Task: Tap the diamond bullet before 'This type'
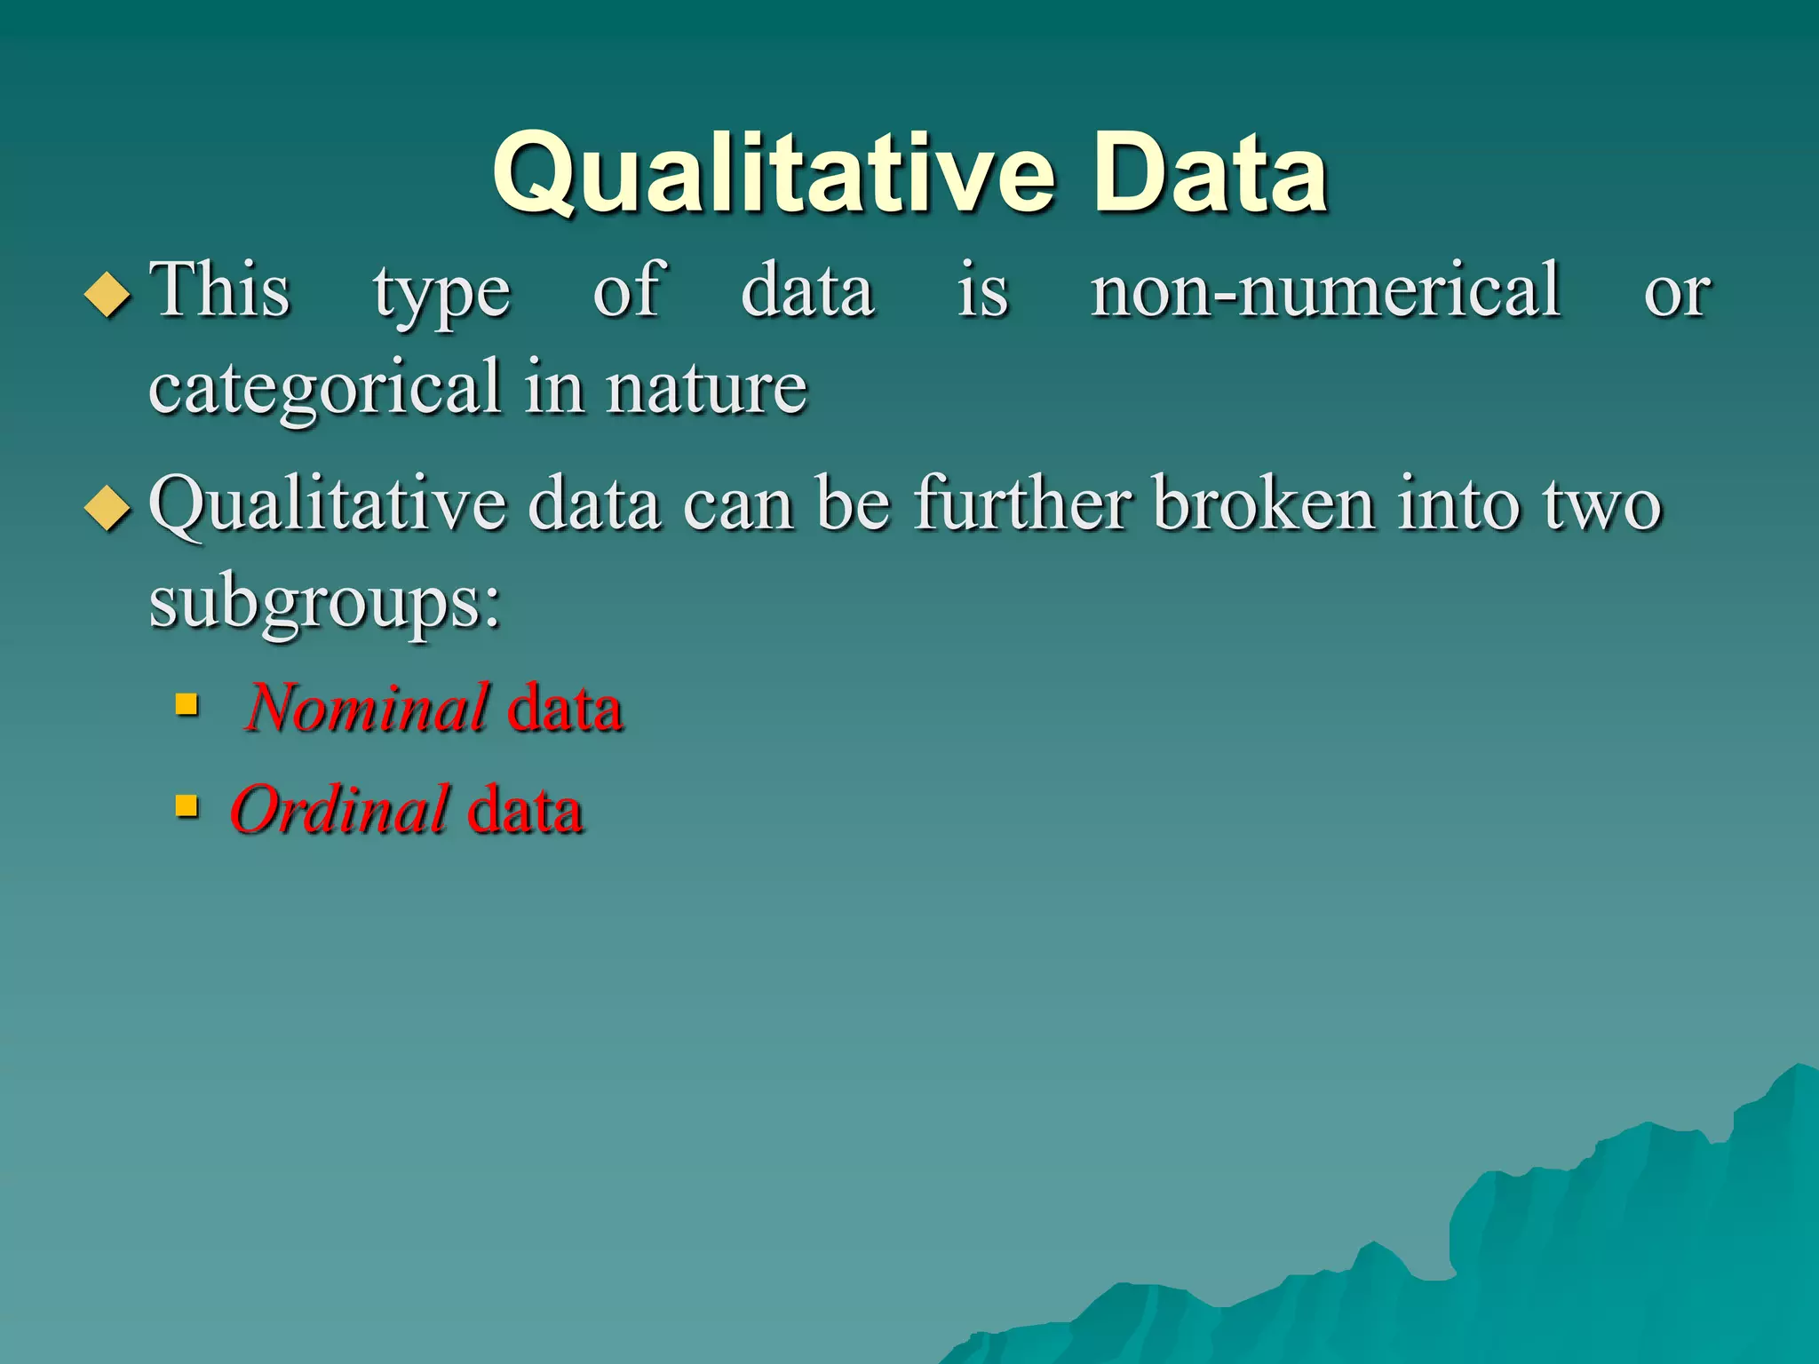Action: (x=107, y=294)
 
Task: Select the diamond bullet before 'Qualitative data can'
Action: (x=107, y=508)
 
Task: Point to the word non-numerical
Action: (x=1325, y=290)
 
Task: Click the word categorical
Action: (x=325, y=388)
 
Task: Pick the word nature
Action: (x=706, y=388)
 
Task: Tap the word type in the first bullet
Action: (x=441, y=294)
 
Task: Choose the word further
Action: (x=1022, y=504)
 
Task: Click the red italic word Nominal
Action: (x=367, y=708)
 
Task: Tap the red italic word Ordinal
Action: (x=340, y=809)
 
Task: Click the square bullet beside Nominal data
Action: (x=187, y=705)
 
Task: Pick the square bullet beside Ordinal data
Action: (x=187, y=806)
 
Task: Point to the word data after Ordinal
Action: (x=525, y=809)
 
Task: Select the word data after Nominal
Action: (x=565, y=708)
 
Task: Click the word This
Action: (x=219, y=289)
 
